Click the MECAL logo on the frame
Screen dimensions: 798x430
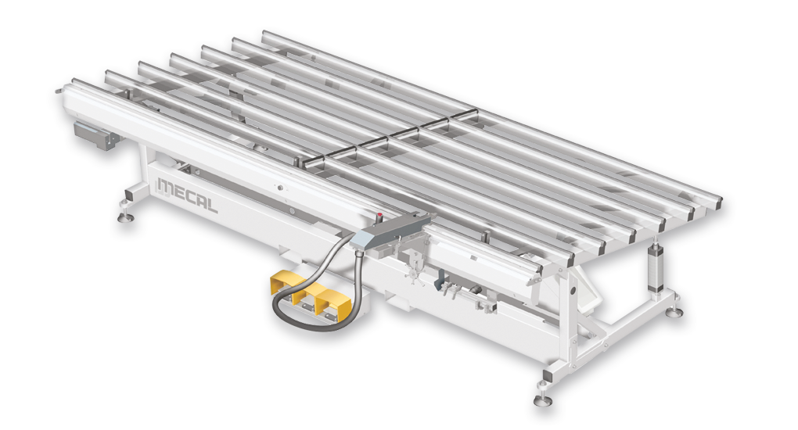coord(187,195)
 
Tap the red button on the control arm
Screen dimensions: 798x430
coord(379,216)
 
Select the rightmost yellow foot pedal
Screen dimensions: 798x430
coord(333,308)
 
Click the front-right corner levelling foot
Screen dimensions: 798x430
coord(542,399)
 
